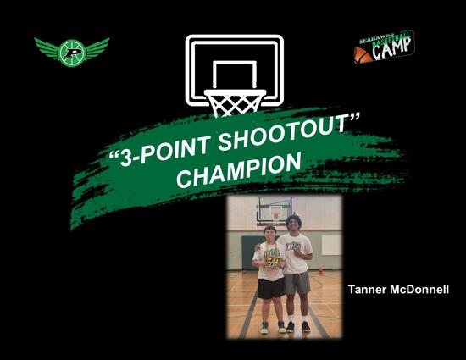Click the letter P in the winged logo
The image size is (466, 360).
click(x=72, y=53)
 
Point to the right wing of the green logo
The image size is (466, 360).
click(x=96, y=47)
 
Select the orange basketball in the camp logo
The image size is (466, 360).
click(x=363, y=55)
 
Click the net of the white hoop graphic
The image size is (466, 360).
click(x=235, y=103)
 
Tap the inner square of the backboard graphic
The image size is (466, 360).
click(x=235, y=75)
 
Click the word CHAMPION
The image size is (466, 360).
click(x=239, y=171)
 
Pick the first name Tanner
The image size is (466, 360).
click(x=367, y=289)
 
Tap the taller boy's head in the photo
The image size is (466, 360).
click(x=294, y=223)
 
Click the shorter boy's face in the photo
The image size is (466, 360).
click(x=270, y=234)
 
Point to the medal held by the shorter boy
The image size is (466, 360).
click(x=272, y=262)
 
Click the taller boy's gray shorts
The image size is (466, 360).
click(x=297, y=282)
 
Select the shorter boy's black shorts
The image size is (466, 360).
click(x=271, y=288)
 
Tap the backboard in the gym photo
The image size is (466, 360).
click(x=275, y=209)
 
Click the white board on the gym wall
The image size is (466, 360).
click(x=331, y=245)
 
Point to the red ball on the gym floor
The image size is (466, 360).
click(x=320, y=269)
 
